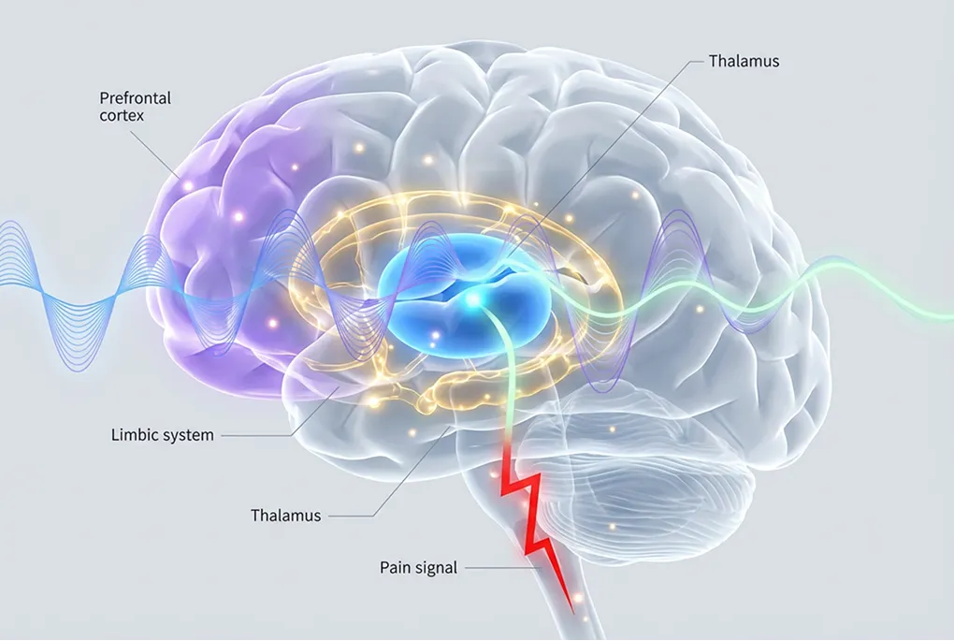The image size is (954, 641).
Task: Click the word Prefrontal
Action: point(135,97)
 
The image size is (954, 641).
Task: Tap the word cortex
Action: point(122,115)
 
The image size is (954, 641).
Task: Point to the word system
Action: point(187,435)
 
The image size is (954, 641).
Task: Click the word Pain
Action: point(397,567)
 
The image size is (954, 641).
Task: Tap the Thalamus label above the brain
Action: point(744,62)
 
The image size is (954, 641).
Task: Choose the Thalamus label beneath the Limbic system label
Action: point(285,515)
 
